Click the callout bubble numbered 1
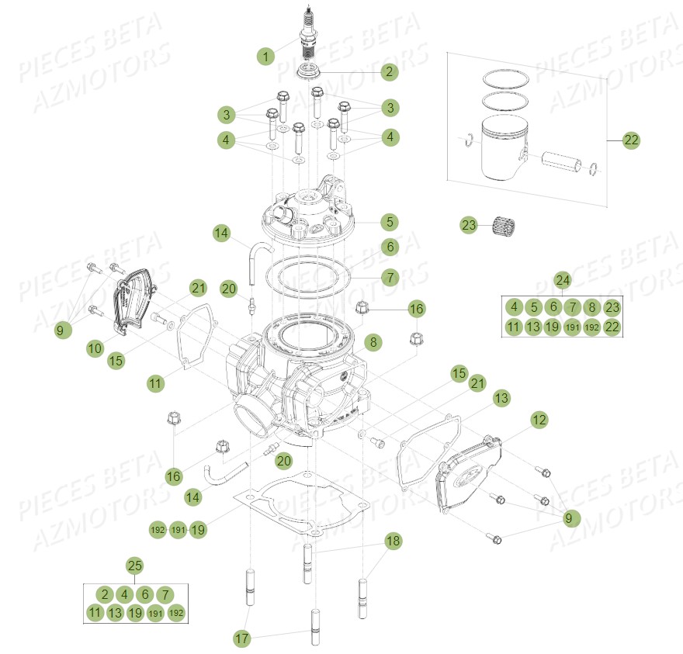(266, 56)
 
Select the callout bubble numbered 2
(389, 72)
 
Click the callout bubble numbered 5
(389, 222)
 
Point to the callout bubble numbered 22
(631, 140)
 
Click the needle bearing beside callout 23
(504, 226)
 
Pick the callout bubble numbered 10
(95, 349)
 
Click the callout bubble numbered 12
(539, 420)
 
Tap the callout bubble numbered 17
(243, 638)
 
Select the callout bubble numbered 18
(393, 541)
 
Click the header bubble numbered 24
(563, 280)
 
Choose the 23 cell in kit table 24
(612, 306)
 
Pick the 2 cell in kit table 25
(105, 594)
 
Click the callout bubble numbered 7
(389, 276)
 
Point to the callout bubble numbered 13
(502, 398)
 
